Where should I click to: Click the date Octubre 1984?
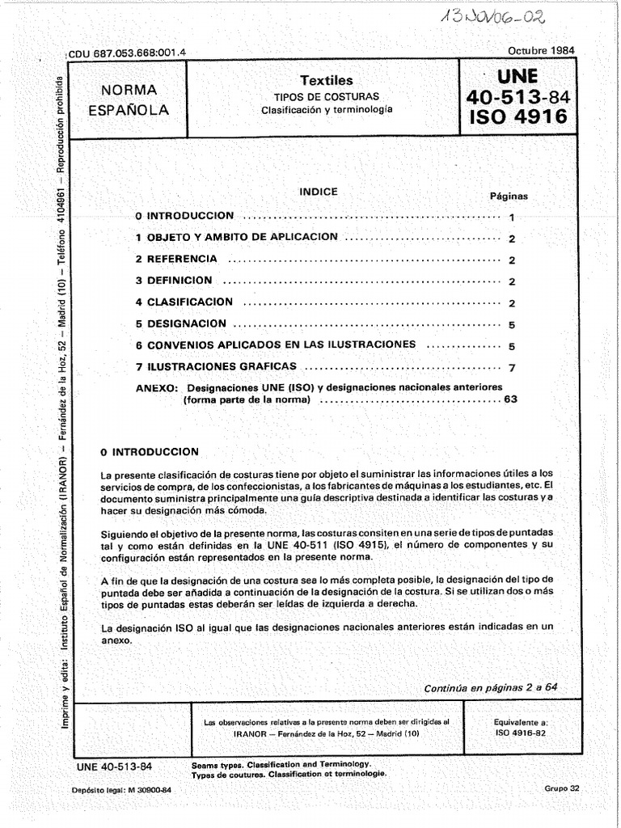point(541,50)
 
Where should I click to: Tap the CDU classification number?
point(128,53)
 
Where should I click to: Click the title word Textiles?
point(327,81)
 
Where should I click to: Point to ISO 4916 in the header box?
point(517,118)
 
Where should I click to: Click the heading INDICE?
point(319,192)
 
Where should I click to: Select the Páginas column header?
point(509,196)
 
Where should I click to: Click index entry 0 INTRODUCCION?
point(185,216)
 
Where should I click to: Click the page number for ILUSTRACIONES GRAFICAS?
point(512,368)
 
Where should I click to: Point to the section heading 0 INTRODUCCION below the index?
point(148,451)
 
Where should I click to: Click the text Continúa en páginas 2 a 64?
point(491,687)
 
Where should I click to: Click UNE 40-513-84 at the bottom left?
point(113,766)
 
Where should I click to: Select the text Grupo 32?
point(562,788)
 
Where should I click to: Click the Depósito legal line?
point(121,790)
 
